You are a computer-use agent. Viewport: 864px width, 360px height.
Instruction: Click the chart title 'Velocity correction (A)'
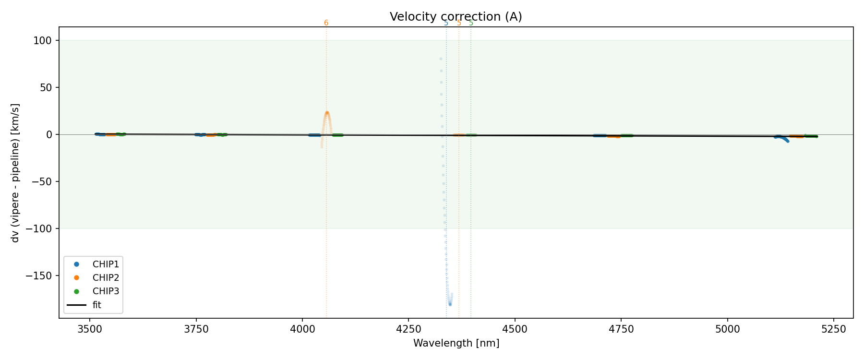tap(456, 17)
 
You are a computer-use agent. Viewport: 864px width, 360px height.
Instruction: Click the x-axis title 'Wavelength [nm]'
tap(456, 343)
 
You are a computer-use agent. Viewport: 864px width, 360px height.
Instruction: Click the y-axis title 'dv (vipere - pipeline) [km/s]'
tap(15, 173)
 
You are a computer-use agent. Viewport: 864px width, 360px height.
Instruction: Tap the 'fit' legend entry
tap(96, 305)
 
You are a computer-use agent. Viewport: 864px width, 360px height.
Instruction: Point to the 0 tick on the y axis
tap(49, 134)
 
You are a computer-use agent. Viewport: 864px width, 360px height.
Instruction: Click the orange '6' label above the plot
tap(326, 23)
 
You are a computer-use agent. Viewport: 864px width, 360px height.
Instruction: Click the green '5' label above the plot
tap(471, 23)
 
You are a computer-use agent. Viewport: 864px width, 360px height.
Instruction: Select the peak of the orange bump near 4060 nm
tap(327, 113)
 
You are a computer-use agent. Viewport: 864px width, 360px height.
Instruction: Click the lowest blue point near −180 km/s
tap(450, 304)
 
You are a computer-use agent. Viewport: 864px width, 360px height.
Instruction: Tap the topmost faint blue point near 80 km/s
tap(441, 59)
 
